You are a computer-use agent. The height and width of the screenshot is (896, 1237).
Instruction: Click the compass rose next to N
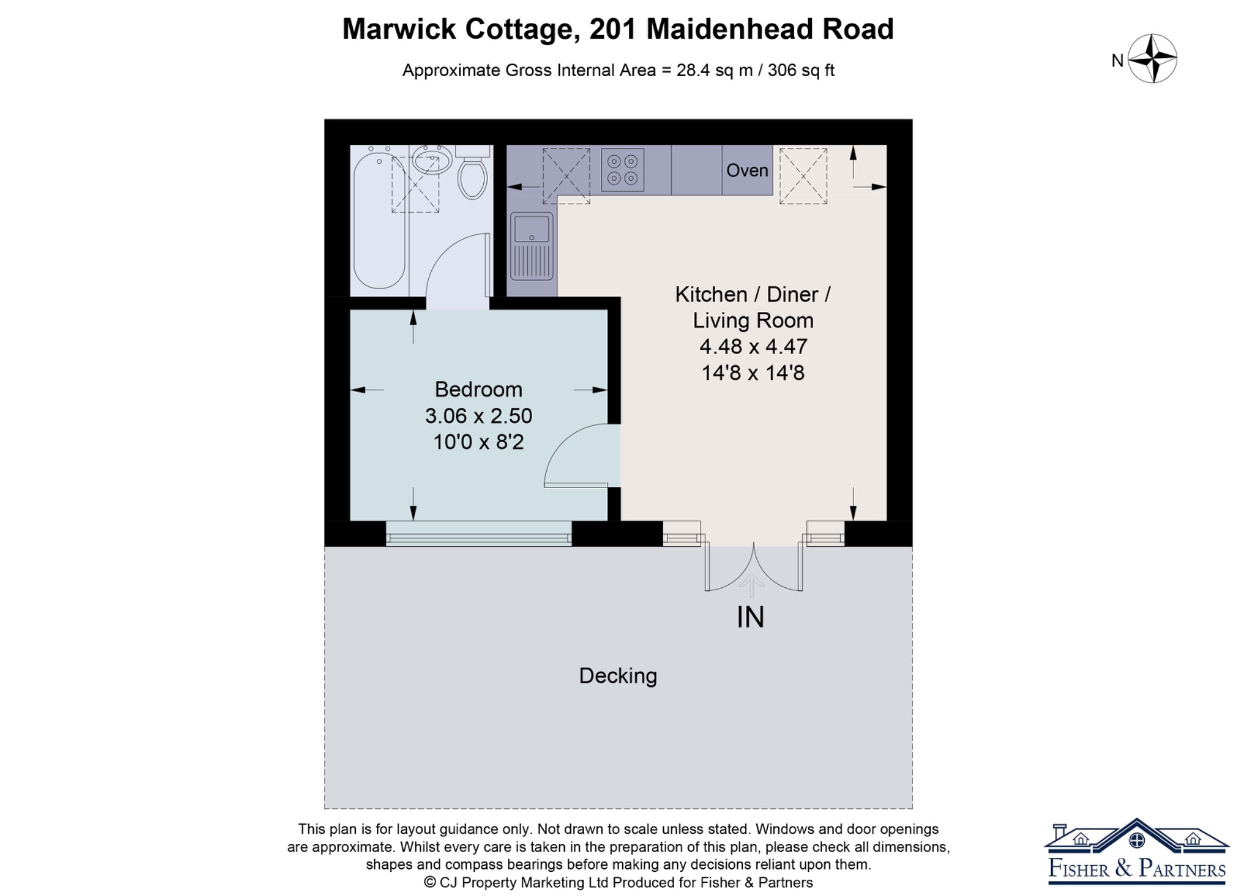[1153, 59]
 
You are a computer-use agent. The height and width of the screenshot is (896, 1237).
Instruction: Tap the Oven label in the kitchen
[747, 170]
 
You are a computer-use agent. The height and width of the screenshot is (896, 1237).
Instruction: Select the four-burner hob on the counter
[623, 170]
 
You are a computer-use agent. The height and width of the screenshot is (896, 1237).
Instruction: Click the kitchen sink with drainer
[532, 246]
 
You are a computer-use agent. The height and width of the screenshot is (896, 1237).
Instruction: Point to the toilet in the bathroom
[472, 172]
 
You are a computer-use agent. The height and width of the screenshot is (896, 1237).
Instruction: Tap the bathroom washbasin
[432, 160]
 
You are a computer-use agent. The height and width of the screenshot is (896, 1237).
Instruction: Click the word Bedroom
[478, 389]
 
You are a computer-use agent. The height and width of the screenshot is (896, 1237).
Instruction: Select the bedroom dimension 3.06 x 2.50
[478, 416]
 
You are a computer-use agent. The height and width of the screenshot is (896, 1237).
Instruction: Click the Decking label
[618, 675]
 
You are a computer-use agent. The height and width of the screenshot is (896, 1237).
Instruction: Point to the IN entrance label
[751, 617]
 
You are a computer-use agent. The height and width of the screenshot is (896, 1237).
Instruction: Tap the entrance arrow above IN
[751, 585]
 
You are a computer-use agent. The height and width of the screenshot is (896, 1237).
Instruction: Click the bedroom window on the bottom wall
[479, 533]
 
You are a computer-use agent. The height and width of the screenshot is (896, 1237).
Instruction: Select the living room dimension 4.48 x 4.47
[753, 346]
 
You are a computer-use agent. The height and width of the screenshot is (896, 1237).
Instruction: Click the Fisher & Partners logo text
[1137, 868]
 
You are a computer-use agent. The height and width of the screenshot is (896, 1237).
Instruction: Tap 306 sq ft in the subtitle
[801, 71]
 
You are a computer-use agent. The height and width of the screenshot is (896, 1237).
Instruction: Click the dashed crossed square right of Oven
[803, 176]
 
